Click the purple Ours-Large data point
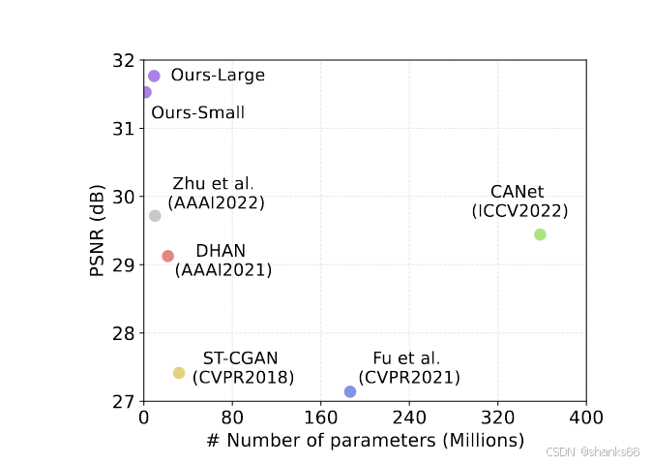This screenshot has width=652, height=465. (154, 76)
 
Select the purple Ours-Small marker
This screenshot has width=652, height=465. (145, 92)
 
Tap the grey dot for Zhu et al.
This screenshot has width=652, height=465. (155, 215)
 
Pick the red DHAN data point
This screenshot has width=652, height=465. (168, 256)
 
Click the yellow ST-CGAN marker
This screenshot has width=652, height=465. (179, 373)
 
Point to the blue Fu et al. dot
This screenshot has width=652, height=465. (350, 391)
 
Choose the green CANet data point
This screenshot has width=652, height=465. (540, 234)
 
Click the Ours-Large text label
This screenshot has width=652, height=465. (218, 76)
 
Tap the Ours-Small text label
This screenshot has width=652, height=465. (197, 113)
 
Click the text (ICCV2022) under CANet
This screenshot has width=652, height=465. (519, 211)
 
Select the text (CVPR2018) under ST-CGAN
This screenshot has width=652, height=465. (243, 378)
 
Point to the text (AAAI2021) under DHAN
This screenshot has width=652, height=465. (223, 270)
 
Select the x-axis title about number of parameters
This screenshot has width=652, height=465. (365, 441)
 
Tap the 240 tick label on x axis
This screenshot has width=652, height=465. (409, 418)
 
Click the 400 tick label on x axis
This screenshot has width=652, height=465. (585, 418)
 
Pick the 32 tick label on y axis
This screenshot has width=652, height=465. (125, 60)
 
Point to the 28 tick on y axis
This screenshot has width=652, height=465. (125, 333)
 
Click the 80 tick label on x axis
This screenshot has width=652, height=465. (232, 418)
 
